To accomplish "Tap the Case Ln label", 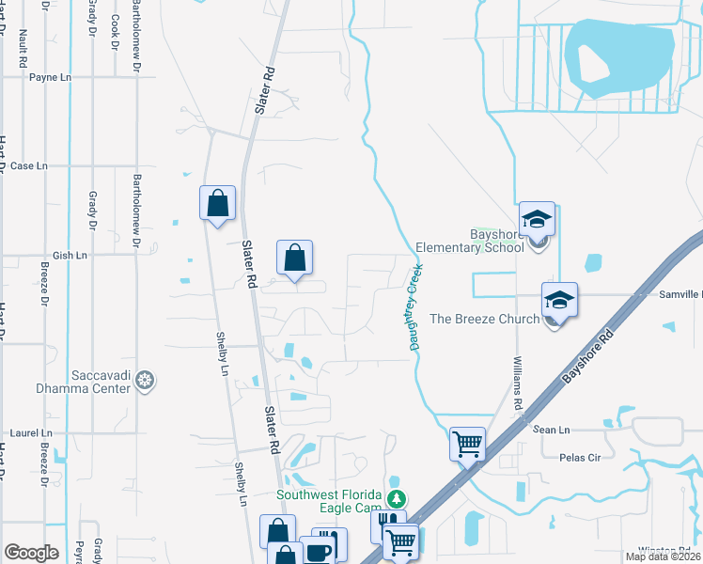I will [28, 165].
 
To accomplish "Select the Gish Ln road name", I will [70, 255].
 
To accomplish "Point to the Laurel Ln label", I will [29, 433].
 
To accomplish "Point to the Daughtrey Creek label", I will [414, 307].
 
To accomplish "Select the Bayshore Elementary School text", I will [497, 242].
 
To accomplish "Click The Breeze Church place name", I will [484, 319].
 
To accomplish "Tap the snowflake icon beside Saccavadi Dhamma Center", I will [145, 381].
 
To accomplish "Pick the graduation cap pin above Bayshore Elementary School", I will [537, 219].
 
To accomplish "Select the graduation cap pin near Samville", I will [559, 300].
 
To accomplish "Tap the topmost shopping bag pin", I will [217, 202].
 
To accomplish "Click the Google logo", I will [31, 552].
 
